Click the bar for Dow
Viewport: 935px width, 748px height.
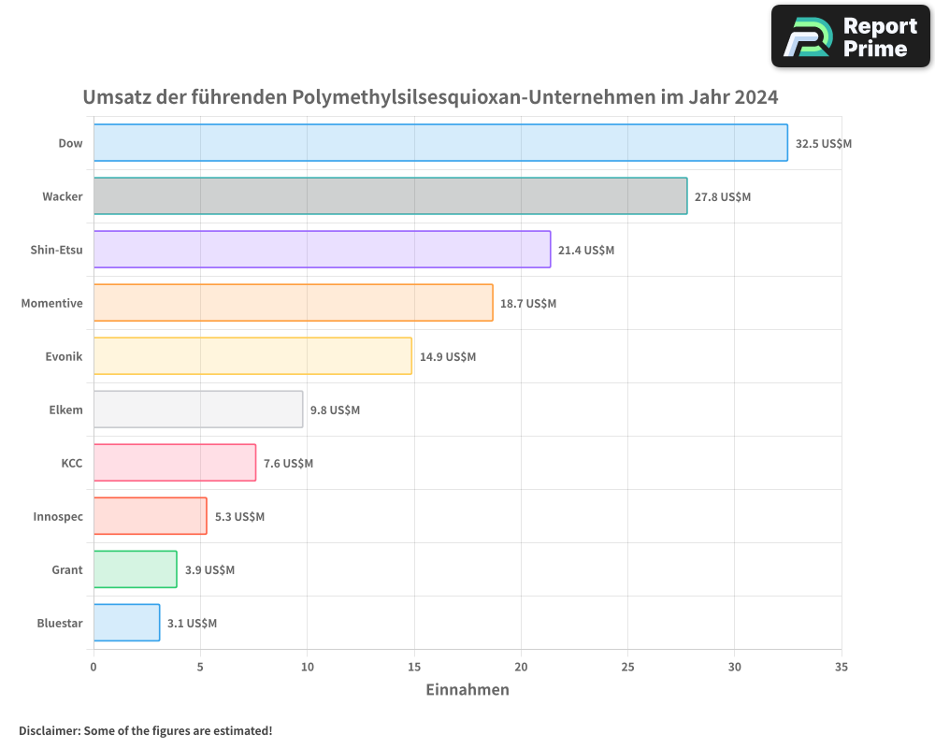pos(440,143)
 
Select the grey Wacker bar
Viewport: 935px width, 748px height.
pos(390,196)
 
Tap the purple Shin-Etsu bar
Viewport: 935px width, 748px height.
pos(322,250)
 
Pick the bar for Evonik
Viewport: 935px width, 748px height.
pos(252,356)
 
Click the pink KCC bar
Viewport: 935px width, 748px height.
pos(175,463)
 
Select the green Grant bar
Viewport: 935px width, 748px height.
pos(136,569)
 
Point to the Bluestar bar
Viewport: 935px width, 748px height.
pos(126,623)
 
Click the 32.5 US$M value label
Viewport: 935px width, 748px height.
pos(823,144)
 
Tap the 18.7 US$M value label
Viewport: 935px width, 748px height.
pos(528,304)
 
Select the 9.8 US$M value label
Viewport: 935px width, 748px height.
pos(335,410)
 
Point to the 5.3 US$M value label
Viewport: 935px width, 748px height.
pos(239,517)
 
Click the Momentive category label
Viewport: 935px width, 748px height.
pos(51,303)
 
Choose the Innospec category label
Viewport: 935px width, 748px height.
pos(57,516)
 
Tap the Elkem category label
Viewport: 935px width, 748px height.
pos(65,410)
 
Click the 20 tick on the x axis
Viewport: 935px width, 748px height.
pos(521,668)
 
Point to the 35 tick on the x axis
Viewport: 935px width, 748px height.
pos(841,668)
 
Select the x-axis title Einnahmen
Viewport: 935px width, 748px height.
pos(467,690)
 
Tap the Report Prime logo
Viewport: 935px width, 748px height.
pos(850,36)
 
